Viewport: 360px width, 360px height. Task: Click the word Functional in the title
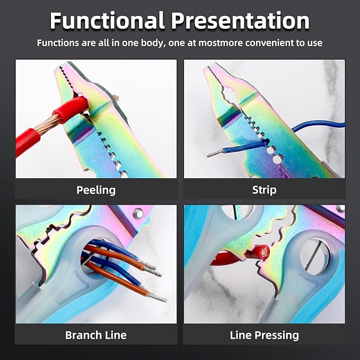(108, 21)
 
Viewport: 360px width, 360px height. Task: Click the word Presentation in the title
(240, 22)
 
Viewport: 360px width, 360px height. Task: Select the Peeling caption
(96, 190)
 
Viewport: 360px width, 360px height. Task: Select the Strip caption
(264, 190)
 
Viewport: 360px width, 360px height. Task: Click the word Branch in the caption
(83, 335)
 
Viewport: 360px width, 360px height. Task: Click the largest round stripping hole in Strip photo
(278, 159)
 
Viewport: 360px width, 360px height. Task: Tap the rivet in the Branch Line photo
(138, 213)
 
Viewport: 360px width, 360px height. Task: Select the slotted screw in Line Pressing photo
(313, 255)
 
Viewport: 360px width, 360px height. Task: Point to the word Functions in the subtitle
(58, 43)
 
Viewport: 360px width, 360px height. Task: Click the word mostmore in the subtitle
(221, 43)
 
